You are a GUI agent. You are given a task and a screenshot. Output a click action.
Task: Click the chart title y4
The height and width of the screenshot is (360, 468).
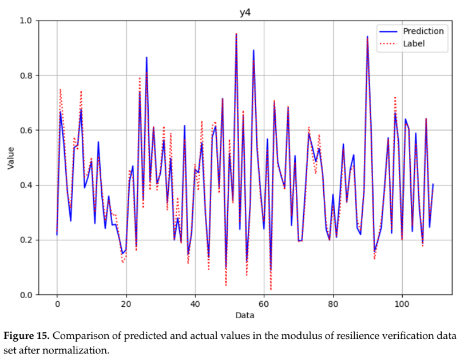pos(245,12)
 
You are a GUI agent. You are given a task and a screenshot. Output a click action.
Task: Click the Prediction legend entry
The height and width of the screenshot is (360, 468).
pos(423,31)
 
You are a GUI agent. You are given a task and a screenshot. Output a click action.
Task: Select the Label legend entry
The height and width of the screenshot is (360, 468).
pos(414,43)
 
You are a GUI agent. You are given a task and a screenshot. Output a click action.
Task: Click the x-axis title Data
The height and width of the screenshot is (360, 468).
pos(245,315)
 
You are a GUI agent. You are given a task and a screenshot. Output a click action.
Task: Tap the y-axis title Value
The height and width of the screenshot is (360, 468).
pos(10,157)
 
